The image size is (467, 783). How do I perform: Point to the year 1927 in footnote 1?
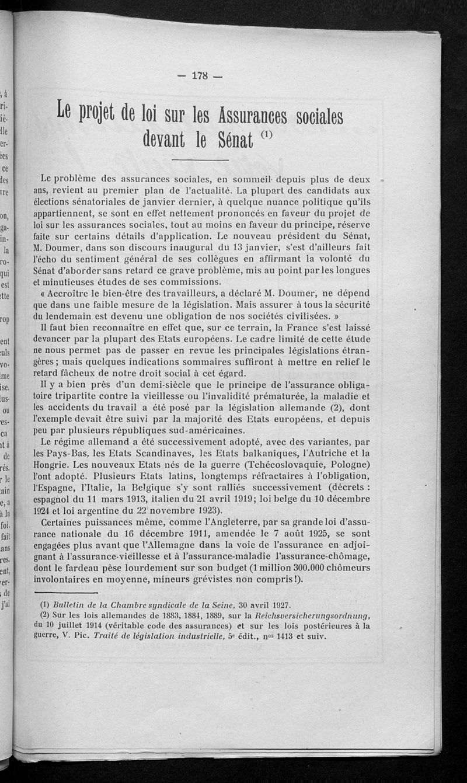tap(276, 605)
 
